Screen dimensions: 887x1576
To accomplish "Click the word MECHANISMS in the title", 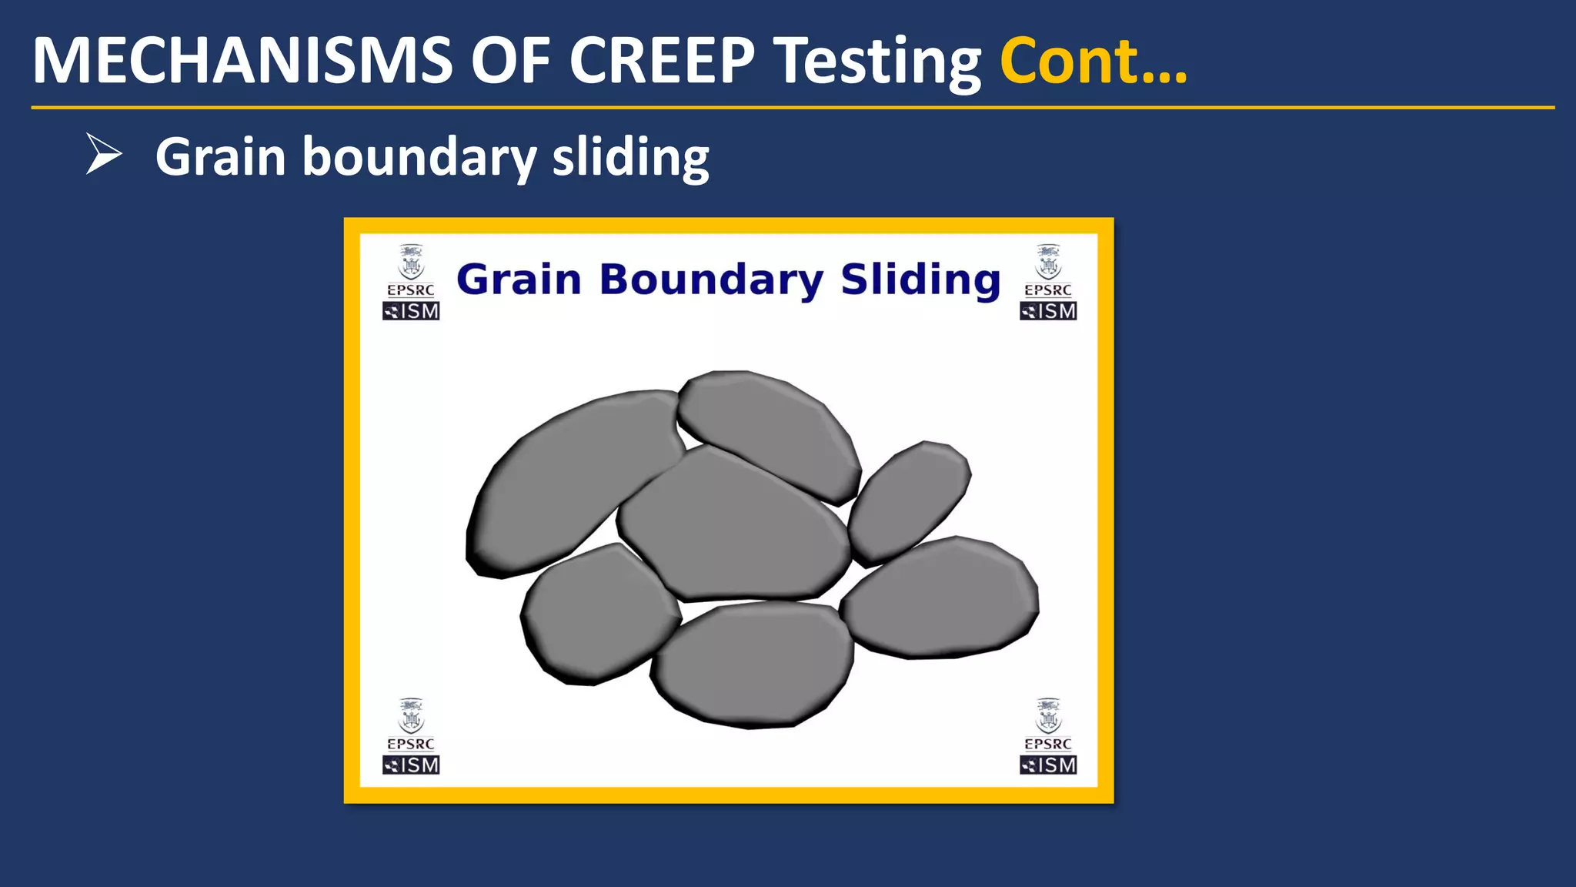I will [242, 62].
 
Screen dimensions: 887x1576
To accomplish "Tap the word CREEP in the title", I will [662, 62].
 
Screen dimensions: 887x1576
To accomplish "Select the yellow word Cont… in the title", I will [1093, 62].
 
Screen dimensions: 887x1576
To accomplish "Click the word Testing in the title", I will [877, 63].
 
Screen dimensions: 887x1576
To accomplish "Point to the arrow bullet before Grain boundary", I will [103, 154].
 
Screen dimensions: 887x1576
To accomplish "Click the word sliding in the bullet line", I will [630, 157].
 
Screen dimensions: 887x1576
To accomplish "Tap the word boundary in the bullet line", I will [419, 157].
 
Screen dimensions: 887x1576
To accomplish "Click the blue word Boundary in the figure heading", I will [711, 279].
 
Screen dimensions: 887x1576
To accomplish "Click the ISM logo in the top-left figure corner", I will [411, 311].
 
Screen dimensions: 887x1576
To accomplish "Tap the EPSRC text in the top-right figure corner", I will [1047, 290].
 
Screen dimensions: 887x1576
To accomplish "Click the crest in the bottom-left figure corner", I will [411, 716].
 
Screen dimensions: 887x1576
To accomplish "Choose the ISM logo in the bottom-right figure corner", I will [1047, 765].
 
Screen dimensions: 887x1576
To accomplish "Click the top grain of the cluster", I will [770, 431].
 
